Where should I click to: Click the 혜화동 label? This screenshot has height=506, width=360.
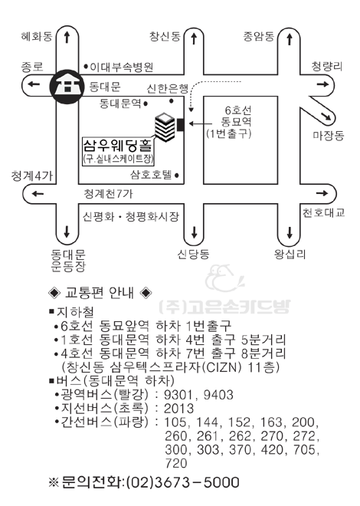pyautogui.click(x=37, y=36)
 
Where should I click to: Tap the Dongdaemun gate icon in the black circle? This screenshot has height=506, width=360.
pyautogui.click(x=67, y=87)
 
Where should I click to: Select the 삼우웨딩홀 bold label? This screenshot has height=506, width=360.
pyautogui.click(x=117, y=145)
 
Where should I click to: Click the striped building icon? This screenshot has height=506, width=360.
pyautogui.click(x=165, y=127)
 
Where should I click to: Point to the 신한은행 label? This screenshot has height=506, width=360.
pyautogui.click(x=168, y=88)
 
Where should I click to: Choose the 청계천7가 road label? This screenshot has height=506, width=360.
pyautogui.click(x=108, y=194)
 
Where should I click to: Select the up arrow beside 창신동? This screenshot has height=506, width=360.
pyautogui.click(x=194, y=38)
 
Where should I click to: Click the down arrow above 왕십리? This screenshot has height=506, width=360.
pyautogui.click(x=289, y=232)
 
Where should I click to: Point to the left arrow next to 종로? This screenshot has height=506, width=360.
pyautogui.click(x=34, y=84)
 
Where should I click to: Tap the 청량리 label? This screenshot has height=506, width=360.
pyautogui.click(x=326, y=67)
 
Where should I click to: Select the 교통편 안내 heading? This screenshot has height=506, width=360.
pyautogui.click(x=100, y=293)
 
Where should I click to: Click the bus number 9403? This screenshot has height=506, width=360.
pyautogui.click(x=218, y=395)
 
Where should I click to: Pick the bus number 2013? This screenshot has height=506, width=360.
pyautogui.click(x=179, y=409)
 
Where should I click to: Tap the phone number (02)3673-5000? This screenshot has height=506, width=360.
pyautogui.click(x=183, y=482)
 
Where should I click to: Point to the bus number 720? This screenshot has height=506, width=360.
pyautogui.click(x=176, y=463)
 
